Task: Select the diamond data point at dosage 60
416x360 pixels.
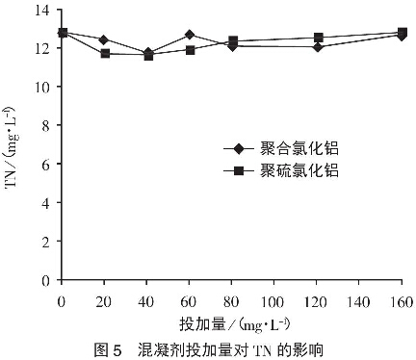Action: tap(190, 35)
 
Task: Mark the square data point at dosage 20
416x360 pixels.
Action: tap(105, 54)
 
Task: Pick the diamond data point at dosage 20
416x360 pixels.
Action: tap(105, 40)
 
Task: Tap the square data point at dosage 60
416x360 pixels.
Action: tap(190, 50)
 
